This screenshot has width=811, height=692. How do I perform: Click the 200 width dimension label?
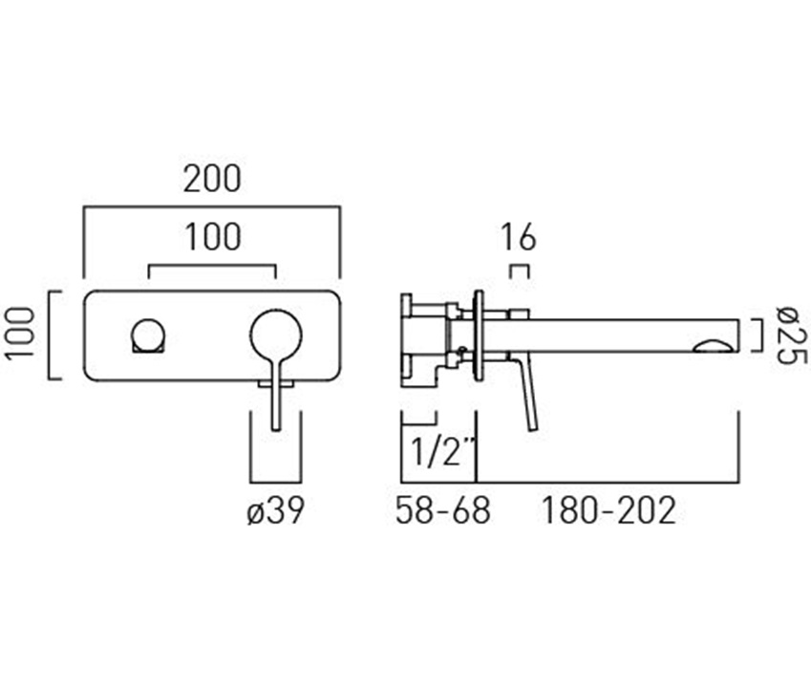[213, 179]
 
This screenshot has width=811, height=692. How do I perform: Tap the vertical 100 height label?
[20, 332]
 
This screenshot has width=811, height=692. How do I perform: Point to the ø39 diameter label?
[275, 510]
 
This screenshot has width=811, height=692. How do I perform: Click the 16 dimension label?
[519, 238]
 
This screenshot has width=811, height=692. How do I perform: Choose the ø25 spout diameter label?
[791, 335]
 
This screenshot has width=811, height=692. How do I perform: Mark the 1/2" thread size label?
[442, 451]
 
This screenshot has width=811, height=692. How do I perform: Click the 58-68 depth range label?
[442, 510]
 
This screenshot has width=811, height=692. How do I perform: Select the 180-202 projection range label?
[608, 510]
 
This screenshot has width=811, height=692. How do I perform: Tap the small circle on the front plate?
[148, 335]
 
